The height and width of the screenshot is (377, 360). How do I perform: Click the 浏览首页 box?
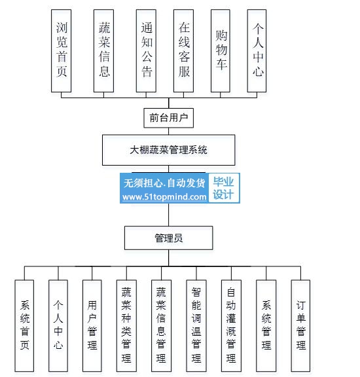(x=61, y=51)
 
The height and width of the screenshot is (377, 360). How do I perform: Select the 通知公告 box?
(x=146, y=51)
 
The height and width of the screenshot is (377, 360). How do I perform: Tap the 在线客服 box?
(x=183, y=51)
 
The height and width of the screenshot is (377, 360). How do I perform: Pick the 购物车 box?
(x=221, y=51)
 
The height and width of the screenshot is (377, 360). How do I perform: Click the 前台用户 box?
(x=169, y=118)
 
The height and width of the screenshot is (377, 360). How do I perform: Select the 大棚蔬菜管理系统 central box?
(x=169, y=150)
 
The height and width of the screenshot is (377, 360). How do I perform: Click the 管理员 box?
(x=169, y=238)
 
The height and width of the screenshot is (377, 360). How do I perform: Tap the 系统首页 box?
(x=24, y=325)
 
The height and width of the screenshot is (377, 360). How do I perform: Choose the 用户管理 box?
(x=92, y=325)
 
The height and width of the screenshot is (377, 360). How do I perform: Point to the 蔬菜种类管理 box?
(x=126, y=325)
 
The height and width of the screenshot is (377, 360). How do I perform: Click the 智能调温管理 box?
(x=196, y=325)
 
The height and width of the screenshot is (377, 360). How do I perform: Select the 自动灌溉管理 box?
(x=231, y=325)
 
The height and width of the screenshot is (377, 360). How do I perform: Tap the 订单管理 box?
(x=300, y=325)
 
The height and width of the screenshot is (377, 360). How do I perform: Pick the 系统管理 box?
(x=266, y=325)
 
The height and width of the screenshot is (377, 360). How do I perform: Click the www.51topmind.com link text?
(x=164, y=197)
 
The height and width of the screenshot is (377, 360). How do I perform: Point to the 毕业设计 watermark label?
(x=223, y=188)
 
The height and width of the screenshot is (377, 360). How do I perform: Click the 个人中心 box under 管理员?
(x=58, y=325)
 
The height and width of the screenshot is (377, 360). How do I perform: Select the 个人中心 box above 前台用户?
(x=257, y=51)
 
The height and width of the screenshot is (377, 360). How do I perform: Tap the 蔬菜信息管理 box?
(x=161, y=325)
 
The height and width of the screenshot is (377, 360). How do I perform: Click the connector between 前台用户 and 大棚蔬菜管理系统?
(x=169, y=132)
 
